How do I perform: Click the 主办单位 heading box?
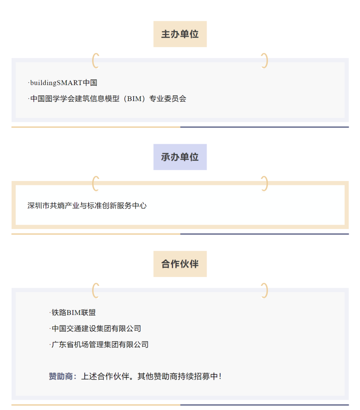click(x=180, y=34)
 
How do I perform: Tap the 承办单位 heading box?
click(x=180, y=157)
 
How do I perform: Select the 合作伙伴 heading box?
click(x=180, y=264)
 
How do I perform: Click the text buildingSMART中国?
click(x=64, y=82)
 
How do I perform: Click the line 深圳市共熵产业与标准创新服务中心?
click(x=87, y=205)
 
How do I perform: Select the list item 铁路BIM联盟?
click(x=74, y=312)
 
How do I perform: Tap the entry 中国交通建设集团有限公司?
click(x=96, y=328)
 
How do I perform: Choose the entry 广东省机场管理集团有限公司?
click(x=100, y=344)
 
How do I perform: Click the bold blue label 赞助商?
click(x=60, y=376)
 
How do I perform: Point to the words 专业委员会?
click(x=168, y=99)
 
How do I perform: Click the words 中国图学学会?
click(x=52, y=99)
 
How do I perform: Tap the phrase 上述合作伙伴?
click(x=105, y=376)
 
